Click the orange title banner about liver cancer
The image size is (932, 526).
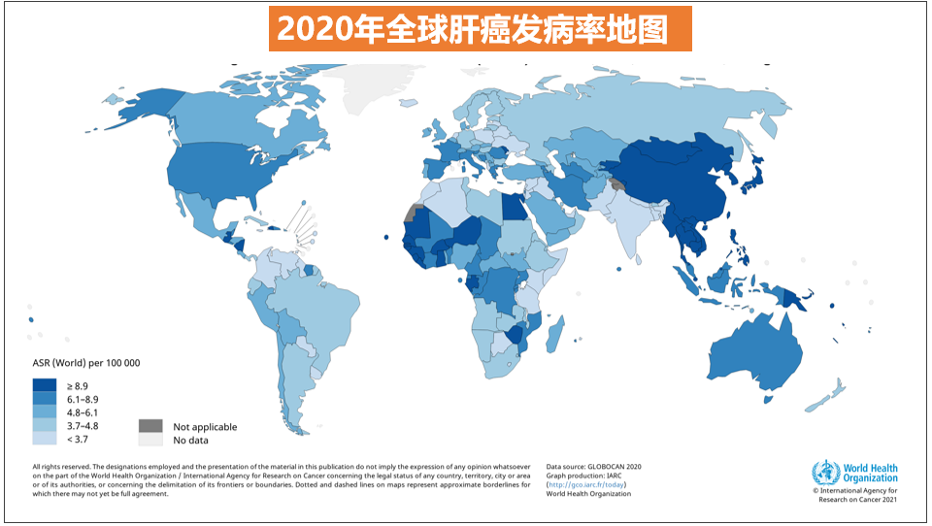click(x=474, y=28)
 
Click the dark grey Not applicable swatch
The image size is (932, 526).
click(x=150, y=426)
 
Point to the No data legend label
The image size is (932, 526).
click(x=191, y=441)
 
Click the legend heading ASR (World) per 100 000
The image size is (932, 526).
click(x=86, y=364)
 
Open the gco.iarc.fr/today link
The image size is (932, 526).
click(x=586, y=484)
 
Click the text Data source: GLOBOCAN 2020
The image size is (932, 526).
click(x=593, y=466)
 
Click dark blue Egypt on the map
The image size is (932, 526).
click(x=515, y=206)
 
